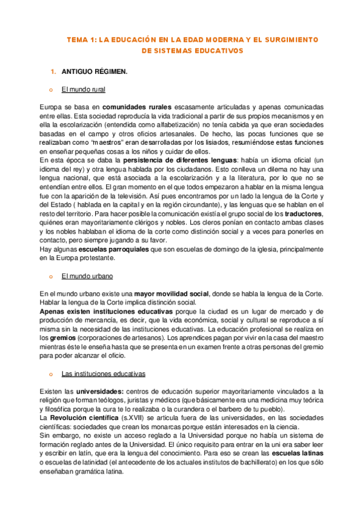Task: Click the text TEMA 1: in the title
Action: pos(81,39)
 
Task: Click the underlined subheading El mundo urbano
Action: pos(87,276)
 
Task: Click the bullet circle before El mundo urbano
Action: pos(52,276)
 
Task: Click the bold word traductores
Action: pos(303,213)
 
